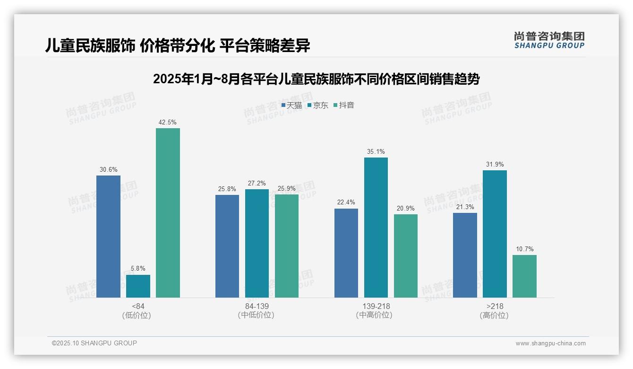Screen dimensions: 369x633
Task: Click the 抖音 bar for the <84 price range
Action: (x=168, y=213)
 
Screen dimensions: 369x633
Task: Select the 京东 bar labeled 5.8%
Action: (x=138, y=286)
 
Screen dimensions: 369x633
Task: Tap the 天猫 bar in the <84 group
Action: (x=108, y=237)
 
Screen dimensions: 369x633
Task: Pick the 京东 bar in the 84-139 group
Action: (x=257, y=243)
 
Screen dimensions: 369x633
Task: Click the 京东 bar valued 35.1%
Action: (x=376, y=228)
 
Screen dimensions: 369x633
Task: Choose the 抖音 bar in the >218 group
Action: (x=524, y=276)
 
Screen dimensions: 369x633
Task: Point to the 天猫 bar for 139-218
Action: (x=346, y=253)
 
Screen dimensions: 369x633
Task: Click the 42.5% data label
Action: (x=168, y=123)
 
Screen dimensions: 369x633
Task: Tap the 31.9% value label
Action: (x=495, y=165)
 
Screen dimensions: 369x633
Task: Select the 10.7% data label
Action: (x=524, y=249)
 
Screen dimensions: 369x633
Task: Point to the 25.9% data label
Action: (x=286, y=189)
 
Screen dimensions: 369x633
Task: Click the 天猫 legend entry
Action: (x=291, y=105)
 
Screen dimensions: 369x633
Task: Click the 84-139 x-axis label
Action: (x=257, y=306)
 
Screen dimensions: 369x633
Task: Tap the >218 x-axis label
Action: (x=495, y=306)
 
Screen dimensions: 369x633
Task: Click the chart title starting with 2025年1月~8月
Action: (x=316, y=79)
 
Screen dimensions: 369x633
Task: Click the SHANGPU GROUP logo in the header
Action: (x=549, y=40)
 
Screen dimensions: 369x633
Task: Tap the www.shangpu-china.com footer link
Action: (x=550, y=343)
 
